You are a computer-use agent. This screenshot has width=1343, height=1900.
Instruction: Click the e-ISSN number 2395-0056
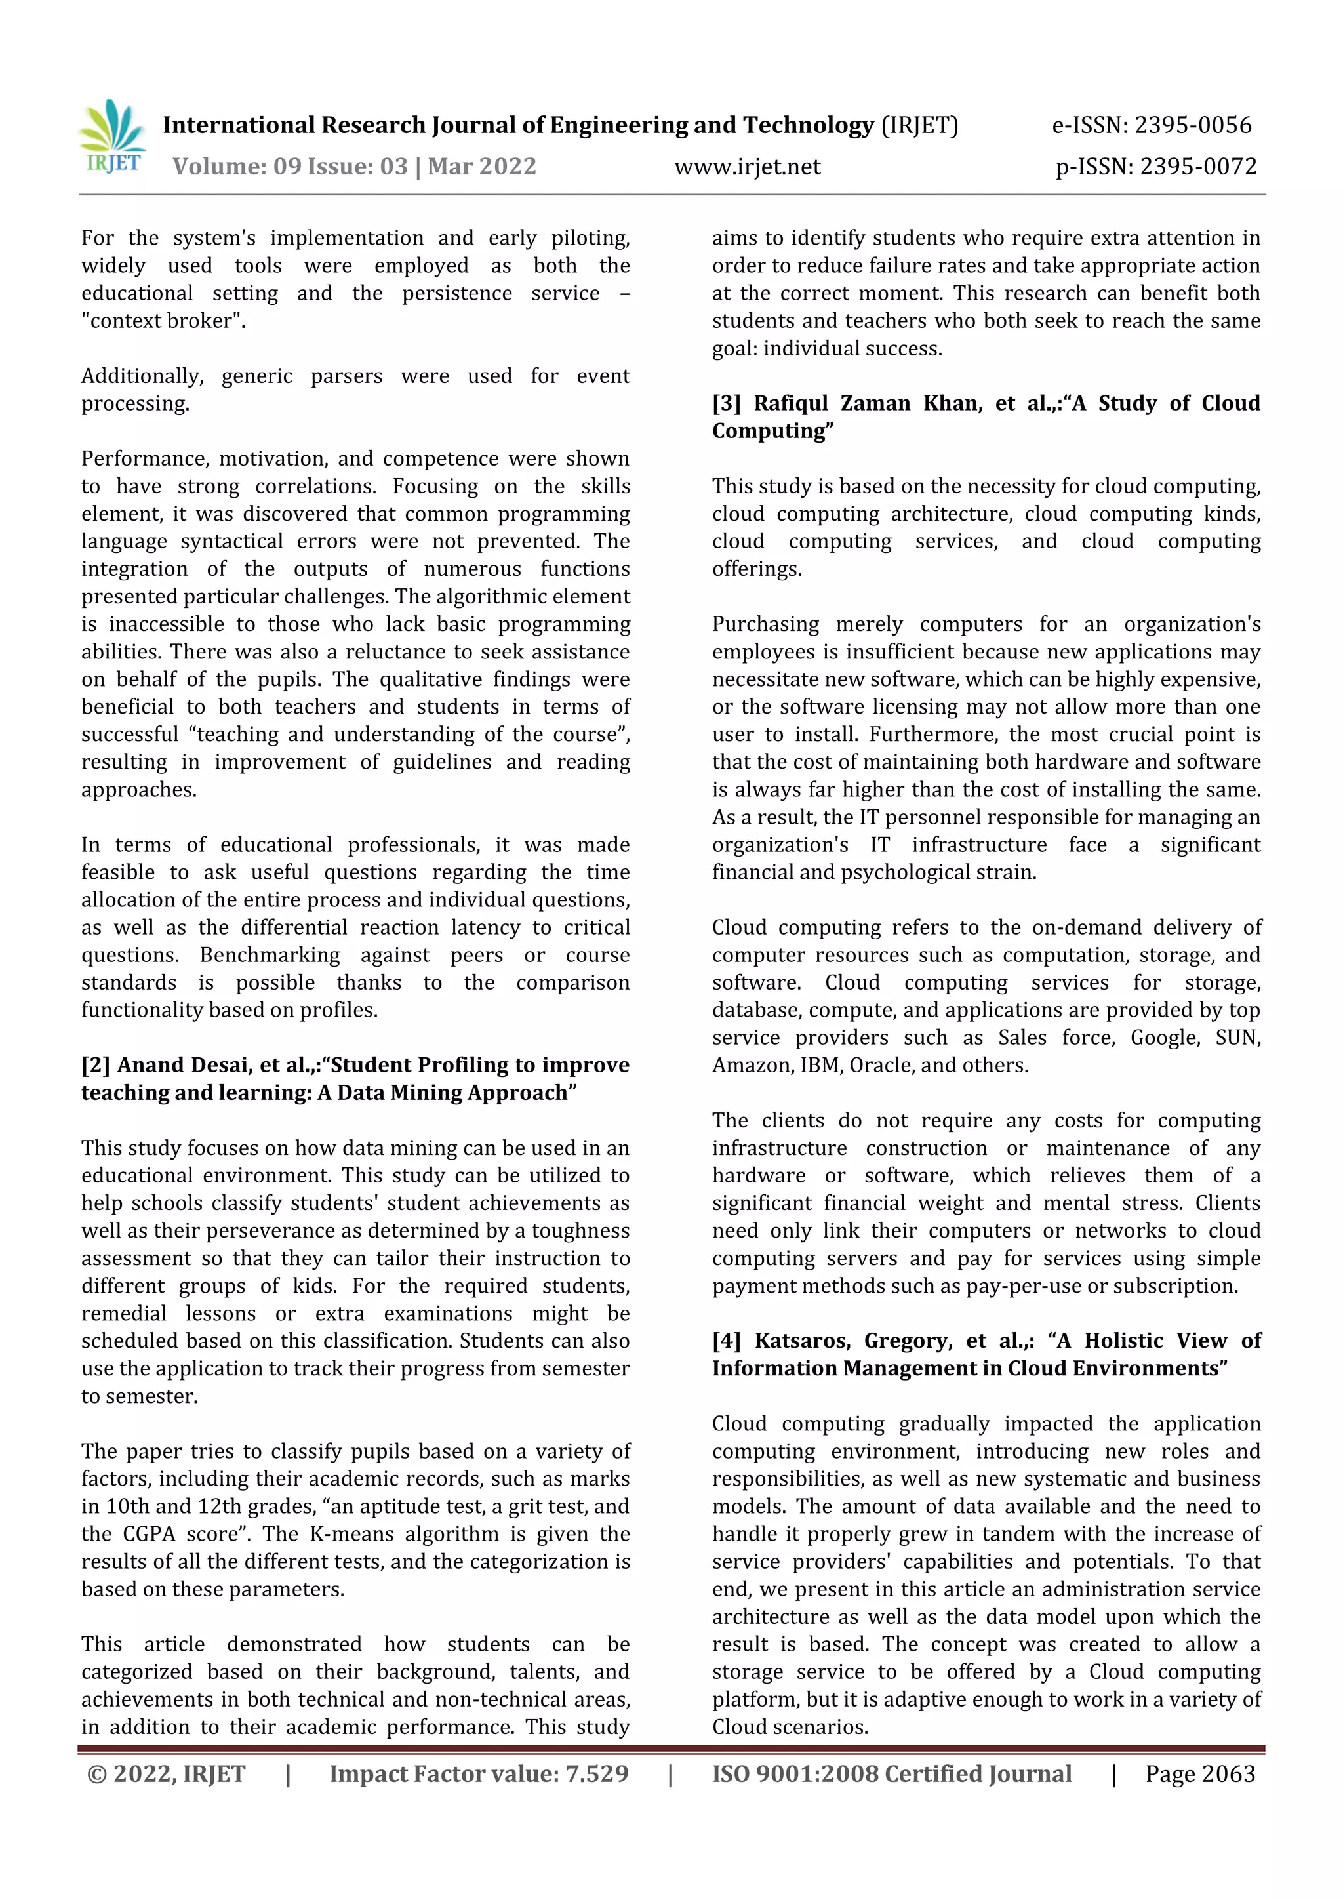(x=1192, y=126)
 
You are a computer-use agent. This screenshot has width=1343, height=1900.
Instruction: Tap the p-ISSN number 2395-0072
(x=1197, y=167)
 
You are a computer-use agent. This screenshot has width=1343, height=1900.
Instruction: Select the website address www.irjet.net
(x=747, y=167)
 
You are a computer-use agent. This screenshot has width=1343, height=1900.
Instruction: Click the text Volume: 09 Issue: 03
(x=290, y=167)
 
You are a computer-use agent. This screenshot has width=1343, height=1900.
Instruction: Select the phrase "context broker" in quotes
(x=163, y=321)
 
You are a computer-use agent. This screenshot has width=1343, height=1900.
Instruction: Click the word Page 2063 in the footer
(x=1200, y=1773)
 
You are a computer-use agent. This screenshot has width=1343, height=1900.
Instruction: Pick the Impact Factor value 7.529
(x=597, y=1773)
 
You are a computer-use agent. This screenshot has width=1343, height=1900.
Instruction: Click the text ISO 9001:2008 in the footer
(x=794, y=1773)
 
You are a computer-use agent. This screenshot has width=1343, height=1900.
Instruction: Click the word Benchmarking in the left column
(x=270, y=955)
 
